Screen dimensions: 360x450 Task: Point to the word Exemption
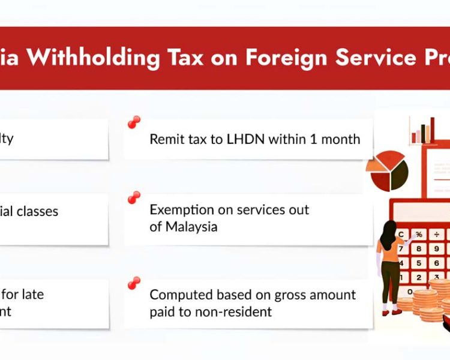click(x=181, y=210)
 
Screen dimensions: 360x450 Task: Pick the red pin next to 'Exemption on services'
click(x=134, y=197)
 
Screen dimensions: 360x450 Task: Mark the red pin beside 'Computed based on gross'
click(x=134, y=283)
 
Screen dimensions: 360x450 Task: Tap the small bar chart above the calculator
click(x=422, y=130)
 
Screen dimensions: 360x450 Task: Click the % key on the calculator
click(x=419, y=233)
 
